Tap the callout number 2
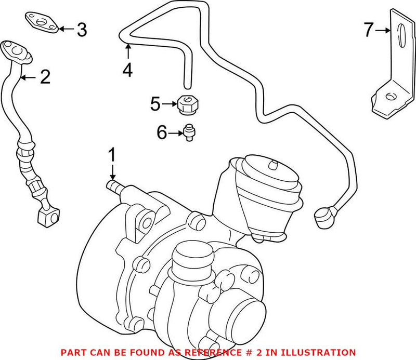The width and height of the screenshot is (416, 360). pos(45,78)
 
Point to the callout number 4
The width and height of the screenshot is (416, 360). pos(127,70)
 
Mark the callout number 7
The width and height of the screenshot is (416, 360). pos(369,31)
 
